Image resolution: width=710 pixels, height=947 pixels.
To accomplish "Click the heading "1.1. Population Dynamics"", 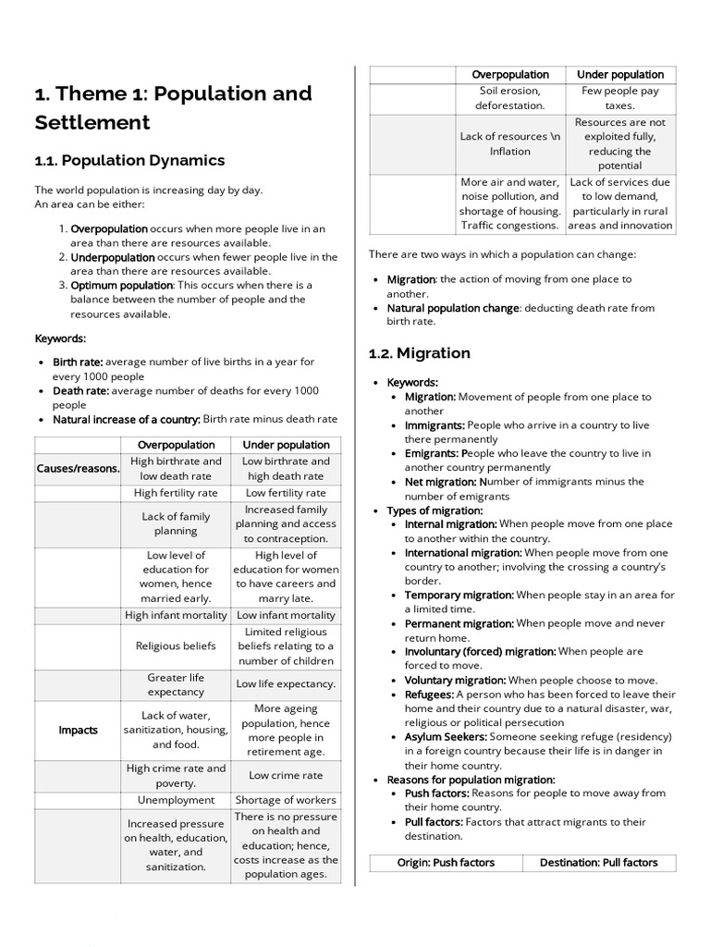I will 129,160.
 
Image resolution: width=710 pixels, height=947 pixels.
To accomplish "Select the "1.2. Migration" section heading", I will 419,352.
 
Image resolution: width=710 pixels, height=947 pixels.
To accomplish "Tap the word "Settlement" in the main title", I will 92,122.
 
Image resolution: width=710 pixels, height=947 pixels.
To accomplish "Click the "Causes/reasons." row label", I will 79,468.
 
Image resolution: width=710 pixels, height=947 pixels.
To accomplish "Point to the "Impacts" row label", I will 79,730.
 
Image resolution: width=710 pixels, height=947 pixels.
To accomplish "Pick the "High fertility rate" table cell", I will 176,493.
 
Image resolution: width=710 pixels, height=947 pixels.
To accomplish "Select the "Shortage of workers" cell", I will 286,800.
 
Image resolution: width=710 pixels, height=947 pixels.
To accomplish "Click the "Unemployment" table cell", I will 176,800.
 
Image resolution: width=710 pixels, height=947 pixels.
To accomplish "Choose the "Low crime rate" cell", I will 286,775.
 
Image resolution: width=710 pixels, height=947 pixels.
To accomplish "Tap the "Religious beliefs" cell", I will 176,646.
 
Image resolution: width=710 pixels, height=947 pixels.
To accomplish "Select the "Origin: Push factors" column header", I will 445,862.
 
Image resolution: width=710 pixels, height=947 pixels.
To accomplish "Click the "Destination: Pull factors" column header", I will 598,862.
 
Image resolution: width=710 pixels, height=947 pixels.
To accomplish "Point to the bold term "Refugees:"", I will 429,694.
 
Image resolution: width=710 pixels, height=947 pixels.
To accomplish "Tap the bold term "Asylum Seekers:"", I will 446,736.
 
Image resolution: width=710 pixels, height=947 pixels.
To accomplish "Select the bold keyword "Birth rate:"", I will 78,362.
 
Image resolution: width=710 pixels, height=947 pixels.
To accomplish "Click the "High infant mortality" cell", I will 176,615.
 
